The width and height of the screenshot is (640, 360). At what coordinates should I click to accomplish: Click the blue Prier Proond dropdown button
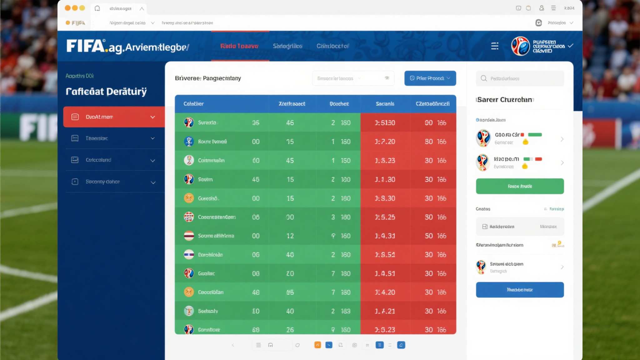(x=430, y=78)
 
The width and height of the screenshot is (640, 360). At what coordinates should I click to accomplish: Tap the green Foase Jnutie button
(x=520, y=186)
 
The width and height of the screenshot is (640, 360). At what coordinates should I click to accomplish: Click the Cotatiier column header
(x=193, y=104)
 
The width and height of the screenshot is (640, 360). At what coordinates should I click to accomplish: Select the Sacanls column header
(x=385, y=104)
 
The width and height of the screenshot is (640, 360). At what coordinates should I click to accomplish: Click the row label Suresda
(x=207, y=122)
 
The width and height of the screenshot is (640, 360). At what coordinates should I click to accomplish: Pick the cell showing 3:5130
(x=385, y=123)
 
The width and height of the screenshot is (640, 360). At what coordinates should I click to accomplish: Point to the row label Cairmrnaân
(x=211, y=160)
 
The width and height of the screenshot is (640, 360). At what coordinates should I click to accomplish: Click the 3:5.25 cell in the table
(x=385, y=217)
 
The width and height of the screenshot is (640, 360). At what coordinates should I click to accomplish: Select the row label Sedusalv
(x=208, y=311)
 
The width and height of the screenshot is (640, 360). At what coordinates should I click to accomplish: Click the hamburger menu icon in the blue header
(x=494, y=46)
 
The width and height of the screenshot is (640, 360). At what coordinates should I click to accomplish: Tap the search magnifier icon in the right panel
(x=484, y=78)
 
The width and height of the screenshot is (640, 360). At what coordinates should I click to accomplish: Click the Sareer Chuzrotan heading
(x=505, y=100)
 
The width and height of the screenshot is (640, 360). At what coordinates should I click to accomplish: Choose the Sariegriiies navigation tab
(x=287, y=46)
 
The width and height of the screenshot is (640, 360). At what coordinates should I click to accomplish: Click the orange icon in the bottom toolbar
(x=317, y=345)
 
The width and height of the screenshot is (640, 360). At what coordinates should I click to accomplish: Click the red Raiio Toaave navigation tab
(x=239, y=46)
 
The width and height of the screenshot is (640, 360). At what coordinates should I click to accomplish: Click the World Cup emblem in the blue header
(x=520, y=46)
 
